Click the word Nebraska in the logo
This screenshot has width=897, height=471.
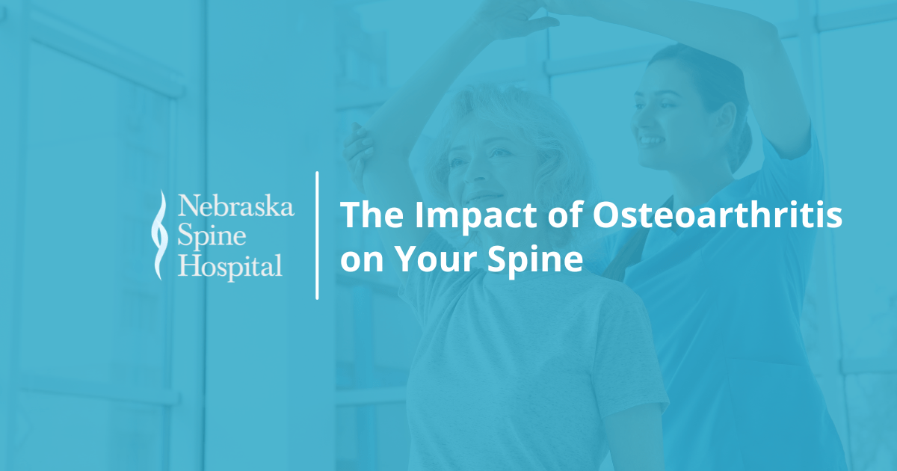click(235, 206)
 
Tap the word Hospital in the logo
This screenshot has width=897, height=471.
click(229, 265)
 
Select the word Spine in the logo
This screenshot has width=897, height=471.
click(212, 236)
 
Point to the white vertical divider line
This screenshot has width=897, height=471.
click(318, 235)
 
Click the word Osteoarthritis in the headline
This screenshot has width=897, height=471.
click(717, 217)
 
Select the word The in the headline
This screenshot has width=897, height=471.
click(372, 217)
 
